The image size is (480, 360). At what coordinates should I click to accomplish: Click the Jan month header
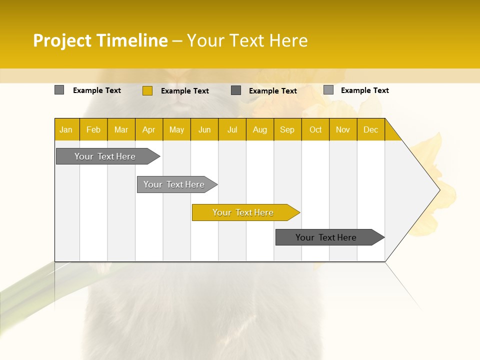[x=66, y=129]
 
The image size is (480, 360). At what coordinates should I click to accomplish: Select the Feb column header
[x=93, y=129]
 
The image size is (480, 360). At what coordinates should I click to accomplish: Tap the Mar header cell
[x=121, y=129]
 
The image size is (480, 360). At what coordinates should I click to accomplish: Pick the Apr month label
[x=148, y=129]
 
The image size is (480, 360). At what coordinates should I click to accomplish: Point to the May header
[x=176, y=129]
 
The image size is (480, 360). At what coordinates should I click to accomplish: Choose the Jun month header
[x=204, y=129]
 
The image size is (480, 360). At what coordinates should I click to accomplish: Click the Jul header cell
[x=232, y=129]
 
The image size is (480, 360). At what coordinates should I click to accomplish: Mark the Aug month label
[x=259, y=129]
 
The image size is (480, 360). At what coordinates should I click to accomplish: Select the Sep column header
[x=287, y=129]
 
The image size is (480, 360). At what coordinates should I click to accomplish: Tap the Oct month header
[x=315, y=129]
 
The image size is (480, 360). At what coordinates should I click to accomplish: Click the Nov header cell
[x=343, y=129]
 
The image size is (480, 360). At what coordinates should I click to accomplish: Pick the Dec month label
[x=370, y=129]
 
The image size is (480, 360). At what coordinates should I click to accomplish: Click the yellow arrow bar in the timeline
[x=243, y=212]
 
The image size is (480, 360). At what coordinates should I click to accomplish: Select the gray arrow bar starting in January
[x=105, y=156]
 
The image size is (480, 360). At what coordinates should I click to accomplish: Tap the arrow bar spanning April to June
[x=174, y=184]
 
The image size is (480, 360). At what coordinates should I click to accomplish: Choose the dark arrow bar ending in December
[x=326, y=237]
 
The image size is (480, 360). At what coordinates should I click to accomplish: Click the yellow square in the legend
[x=147, y=90]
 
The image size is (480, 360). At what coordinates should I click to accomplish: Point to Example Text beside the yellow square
[x=184, y=91]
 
